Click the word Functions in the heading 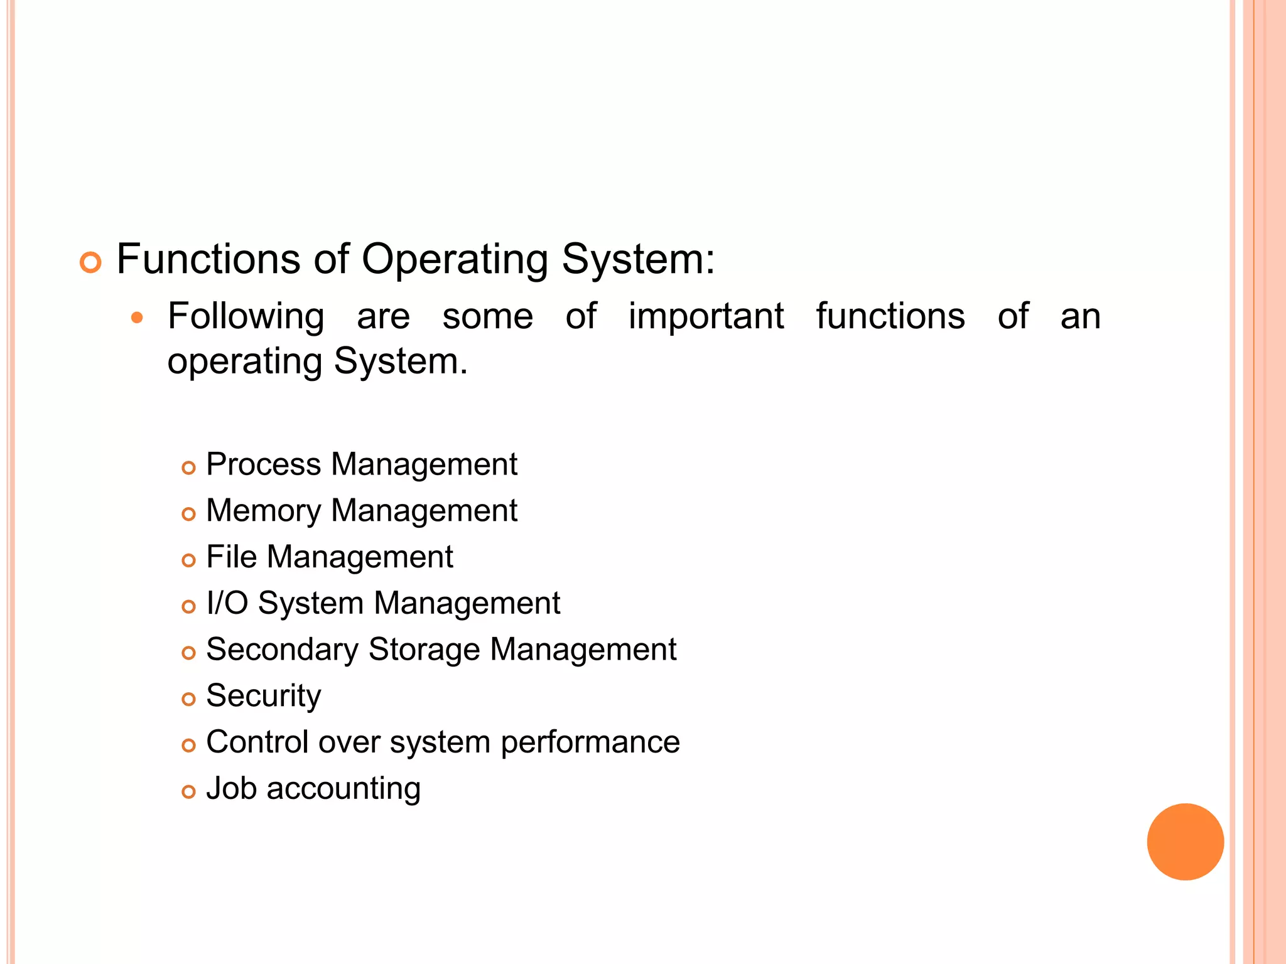[x=208, y=259]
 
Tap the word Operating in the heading [x=455, y=260]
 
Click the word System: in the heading [x=638, y=260]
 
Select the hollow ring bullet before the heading [x=90, y=262]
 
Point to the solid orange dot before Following [x=137, y=318]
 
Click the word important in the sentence [x=706, y=316]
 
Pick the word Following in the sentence [x=246, y=316]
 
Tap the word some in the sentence [x=487, y=316]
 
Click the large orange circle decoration [x=1185, y=842]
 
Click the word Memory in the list [x=264, y=510]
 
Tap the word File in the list [x=232, y=557]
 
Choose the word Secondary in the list [x=282, y=650]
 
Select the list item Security [x=264, y=696]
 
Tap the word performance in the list [x=590, y=743]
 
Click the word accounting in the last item [x=343, y=789]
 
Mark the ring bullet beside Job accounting [x=188, y=791]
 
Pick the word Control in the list [x=257, y=742]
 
